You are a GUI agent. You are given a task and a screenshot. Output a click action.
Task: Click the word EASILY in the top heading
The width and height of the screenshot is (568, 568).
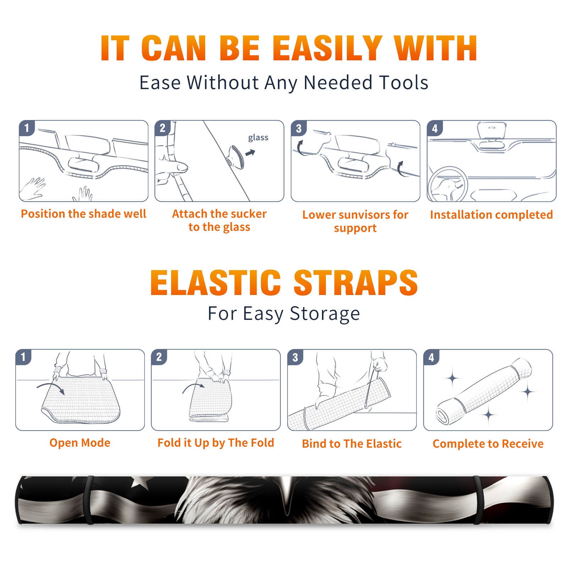327,48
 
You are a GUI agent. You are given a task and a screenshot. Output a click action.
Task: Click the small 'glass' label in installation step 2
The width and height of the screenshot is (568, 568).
258,138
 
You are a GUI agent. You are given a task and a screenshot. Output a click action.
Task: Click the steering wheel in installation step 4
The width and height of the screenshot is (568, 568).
448,185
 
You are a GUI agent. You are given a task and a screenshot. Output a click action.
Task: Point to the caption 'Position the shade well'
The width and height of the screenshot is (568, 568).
83,214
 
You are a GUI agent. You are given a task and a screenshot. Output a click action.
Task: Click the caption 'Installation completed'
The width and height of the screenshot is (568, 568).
491,214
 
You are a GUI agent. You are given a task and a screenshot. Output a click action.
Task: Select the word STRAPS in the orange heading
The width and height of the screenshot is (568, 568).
356,283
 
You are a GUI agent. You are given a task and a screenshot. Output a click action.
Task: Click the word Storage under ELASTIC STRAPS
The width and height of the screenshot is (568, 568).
325,314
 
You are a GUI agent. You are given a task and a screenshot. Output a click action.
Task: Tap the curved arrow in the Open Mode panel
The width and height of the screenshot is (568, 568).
51,388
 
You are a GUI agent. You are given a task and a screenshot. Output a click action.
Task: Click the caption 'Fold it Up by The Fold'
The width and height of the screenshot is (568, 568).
216,443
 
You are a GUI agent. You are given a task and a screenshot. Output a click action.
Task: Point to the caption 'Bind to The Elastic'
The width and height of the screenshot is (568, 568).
352,444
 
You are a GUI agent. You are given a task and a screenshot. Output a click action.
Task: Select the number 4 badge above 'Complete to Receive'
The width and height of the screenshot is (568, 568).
431,357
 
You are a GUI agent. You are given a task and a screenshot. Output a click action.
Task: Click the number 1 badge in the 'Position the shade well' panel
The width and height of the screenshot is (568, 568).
27,128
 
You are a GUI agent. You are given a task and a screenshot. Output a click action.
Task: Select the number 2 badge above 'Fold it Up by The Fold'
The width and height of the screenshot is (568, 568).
159,357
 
